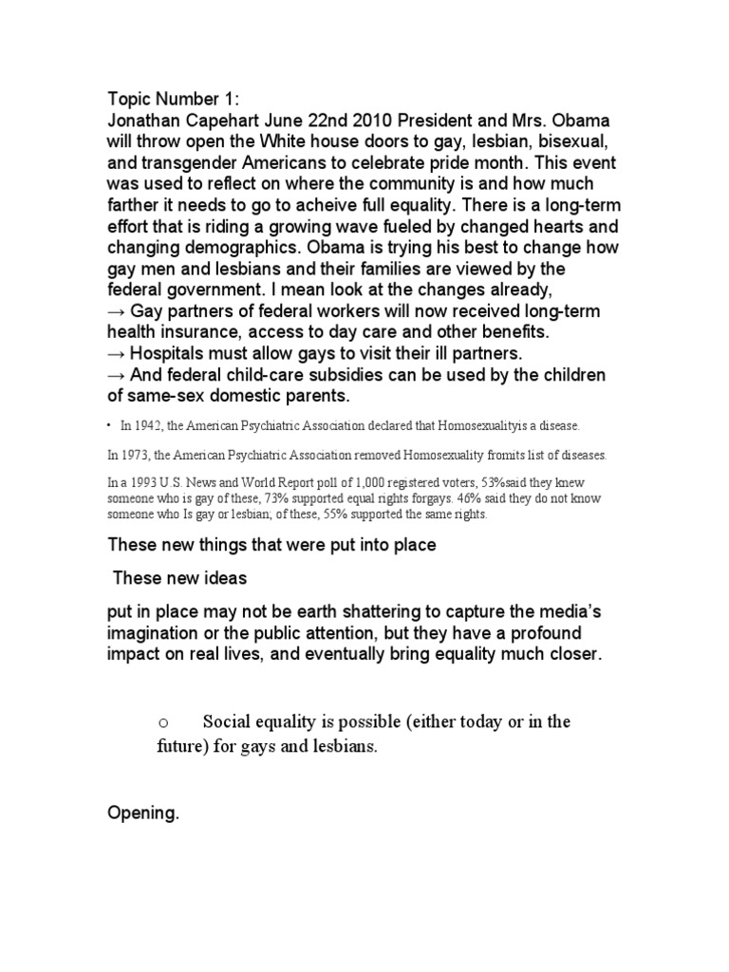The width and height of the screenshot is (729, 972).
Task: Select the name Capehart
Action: [x=217, y=122]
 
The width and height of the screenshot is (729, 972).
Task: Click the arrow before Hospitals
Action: [x=117, y=354]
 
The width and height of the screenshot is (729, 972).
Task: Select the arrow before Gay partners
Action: [x=117, y=313]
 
